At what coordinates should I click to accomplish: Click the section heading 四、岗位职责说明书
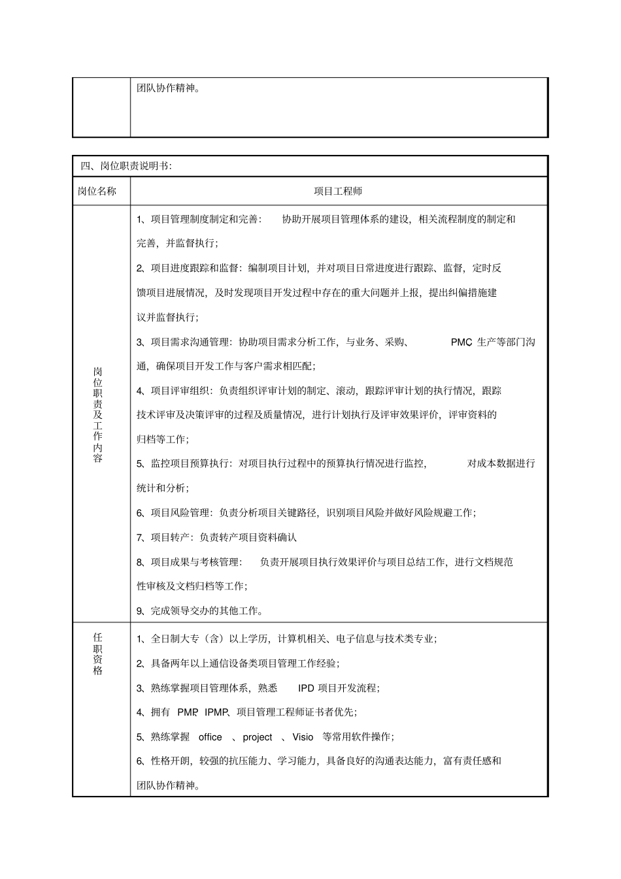pyautogui.click(x=126, y=167)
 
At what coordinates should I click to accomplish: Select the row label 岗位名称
pyautogui.click(x=97, y=191)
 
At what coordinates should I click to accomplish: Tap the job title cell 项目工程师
pyautogui.click(x=338, y=191)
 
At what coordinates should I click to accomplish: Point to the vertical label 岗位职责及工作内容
pyautogui.click(x=98, y=414)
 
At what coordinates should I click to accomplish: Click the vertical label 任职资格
pyautogui.click(x=98, y=654)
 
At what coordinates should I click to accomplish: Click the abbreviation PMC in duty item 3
pyautogui.click(x=461, y=342)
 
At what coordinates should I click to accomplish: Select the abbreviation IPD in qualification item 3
pyautogui.click(x=306, y=688)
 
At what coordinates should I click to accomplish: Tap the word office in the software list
pyautogui.click(x=210, y=737)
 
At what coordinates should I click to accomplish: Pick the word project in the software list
pyautogui.click(x=257, y=737)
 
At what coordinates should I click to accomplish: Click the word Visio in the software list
pyautogui.click(x=303, y=737)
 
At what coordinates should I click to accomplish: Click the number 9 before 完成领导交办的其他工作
pyautogui.click(x=140, y=611)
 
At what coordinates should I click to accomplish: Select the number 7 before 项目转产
pyautogui.click(x=140, y=538)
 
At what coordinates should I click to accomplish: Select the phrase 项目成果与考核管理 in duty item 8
pyautogui.click(x=194, y=562)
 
